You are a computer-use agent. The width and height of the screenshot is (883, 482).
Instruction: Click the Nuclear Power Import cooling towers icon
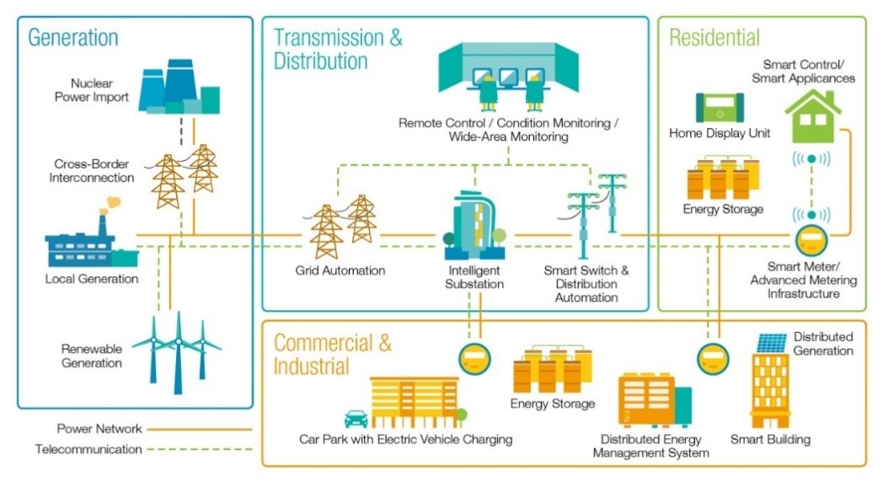[178, 86]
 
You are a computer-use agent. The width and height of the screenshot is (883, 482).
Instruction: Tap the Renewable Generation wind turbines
[179, 351]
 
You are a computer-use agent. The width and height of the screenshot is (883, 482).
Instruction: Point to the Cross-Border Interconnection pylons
[184, 179]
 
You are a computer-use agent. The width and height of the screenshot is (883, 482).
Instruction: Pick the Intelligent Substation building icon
[472, 226]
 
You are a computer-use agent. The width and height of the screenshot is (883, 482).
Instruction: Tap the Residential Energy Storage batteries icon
[722, 178]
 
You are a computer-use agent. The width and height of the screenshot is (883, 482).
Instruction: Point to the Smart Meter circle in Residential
[811, 238]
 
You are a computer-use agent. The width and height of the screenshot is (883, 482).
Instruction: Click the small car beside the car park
[356, 419]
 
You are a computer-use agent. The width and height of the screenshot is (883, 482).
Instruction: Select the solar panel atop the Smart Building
[772, 343]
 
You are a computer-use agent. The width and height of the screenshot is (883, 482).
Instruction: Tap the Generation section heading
[73, 38]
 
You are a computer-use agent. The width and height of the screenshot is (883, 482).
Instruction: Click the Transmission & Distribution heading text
[337, 49]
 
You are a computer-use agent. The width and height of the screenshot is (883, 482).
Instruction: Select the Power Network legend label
[99, 429]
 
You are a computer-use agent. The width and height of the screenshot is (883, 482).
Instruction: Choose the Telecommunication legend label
[88, 449]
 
